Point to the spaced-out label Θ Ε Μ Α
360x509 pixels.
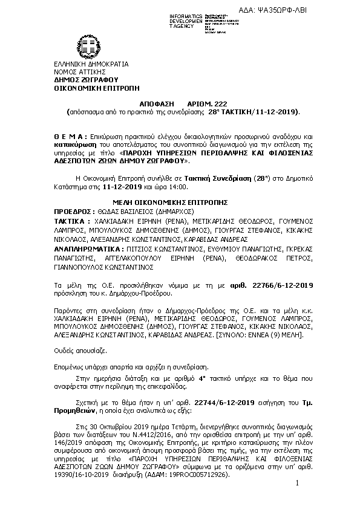(66, 138)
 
